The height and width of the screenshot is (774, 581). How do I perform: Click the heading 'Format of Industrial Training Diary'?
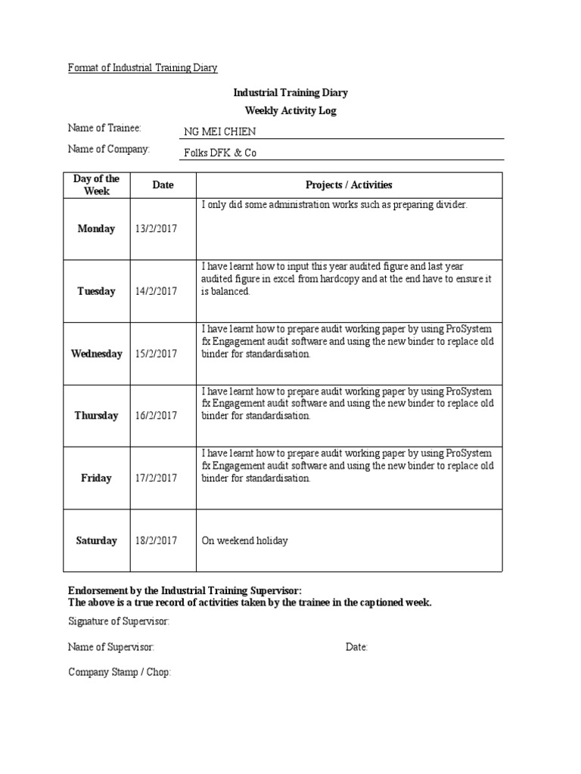tap(142, 68)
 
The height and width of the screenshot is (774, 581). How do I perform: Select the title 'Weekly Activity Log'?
tap(290, 110)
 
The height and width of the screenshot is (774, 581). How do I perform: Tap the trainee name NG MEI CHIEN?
tap(220, 132)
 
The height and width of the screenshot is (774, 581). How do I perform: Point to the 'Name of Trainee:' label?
tap(104, 128)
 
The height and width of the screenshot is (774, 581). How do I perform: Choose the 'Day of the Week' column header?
tap(96, 185)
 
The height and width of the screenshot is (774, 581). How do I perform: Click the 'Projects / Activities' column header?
tap(349, 185)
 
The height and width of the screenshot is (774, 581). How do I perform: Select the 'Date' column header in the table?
tap(163, 185)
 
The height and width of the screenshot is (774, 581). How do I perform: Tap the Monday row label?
tap(96, 229)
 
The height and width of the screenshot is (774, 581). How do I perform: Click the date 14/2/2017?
tap(156, 292)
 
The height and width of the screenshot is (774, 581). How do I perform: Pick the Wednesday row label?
tap(96, 354)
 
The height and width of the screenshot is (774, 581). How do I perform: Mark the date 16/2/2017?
tap(156, 416)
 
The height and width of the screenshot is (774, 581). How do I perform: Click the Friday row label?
tap(96, 478)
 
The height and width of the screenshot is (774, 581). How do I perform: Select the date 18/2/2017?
tap(156, 540)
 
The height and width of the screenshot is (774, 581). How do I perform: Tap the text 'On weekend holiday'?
tap(244, 540)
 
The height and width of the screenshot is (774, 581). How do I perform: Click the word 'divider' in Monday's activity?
tap(452, 205)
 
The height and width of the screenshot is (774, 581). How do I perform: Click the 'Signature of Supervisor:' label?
tap(119, 621)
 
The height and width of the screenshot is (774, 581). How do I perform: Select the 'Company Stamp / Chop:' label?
tap(120, 671)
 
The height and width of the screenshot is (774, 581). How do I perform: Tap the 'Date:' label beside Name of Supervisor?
tap(356, 647)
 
